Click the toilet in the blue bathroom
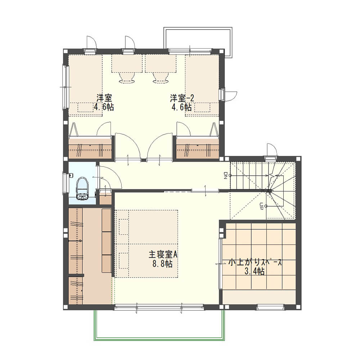pyautogui.click(x=82, y=189)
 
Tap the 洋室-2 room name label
pyautogui.click(x=182, y=98)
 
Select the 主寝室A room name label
pyautogui.click(x=163, y=255)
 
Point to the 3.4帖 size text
pyautogui.click(x=255, y=271)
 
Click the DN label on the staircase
pyautogui.click(x=225, y=175)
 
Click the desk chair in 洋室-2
pyautogui.click(x=160, y=77)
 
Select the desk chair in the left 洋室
pyautogui.click(x=127, y=77)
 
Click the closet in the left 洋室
pyautogui.click(x=90, y=149)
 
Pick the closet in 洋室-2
pyautogui.click(x=197, y=149)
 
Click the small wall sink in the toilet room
pyautogui.click(x=71, y=176)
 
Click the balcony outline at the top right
pyautogui.click(x=198, y=28)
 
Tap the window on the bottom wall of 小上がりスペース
pyautogui.click(x=270, y=307)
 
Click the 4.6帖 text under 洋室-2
pyautogui.click(x=181, y=107)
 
